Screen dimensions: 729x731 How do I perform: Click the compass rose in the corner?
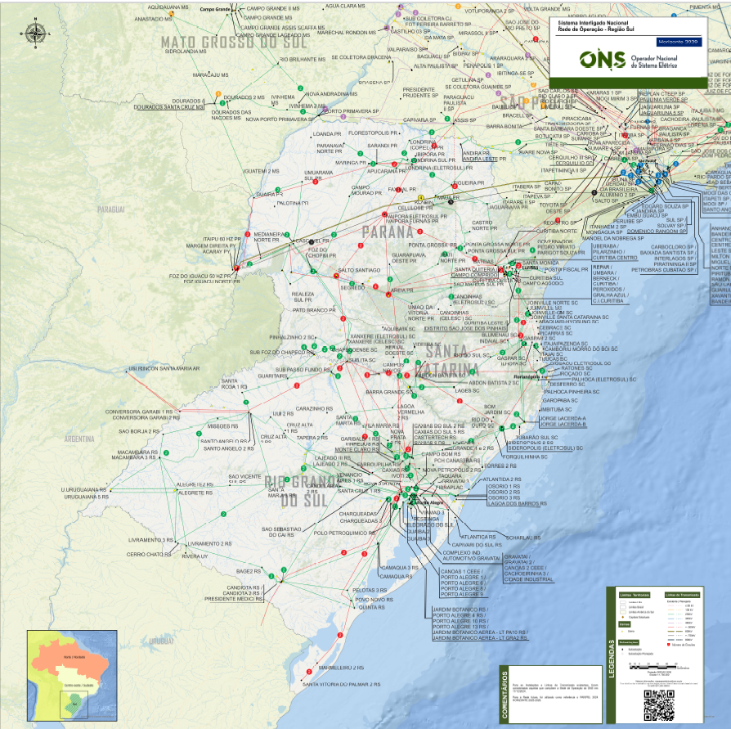[x=36, y=34]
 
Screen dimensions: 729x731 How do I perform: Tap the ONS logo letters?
[x=602, y=61]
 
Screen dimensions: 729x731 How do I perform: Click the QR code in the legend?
[x=660, y=704]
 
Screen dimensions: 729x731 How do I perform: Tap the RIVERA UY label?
[x=195, y=556]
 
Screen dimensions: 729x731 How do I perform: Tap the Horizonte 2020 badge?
[x=678, y=40]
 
